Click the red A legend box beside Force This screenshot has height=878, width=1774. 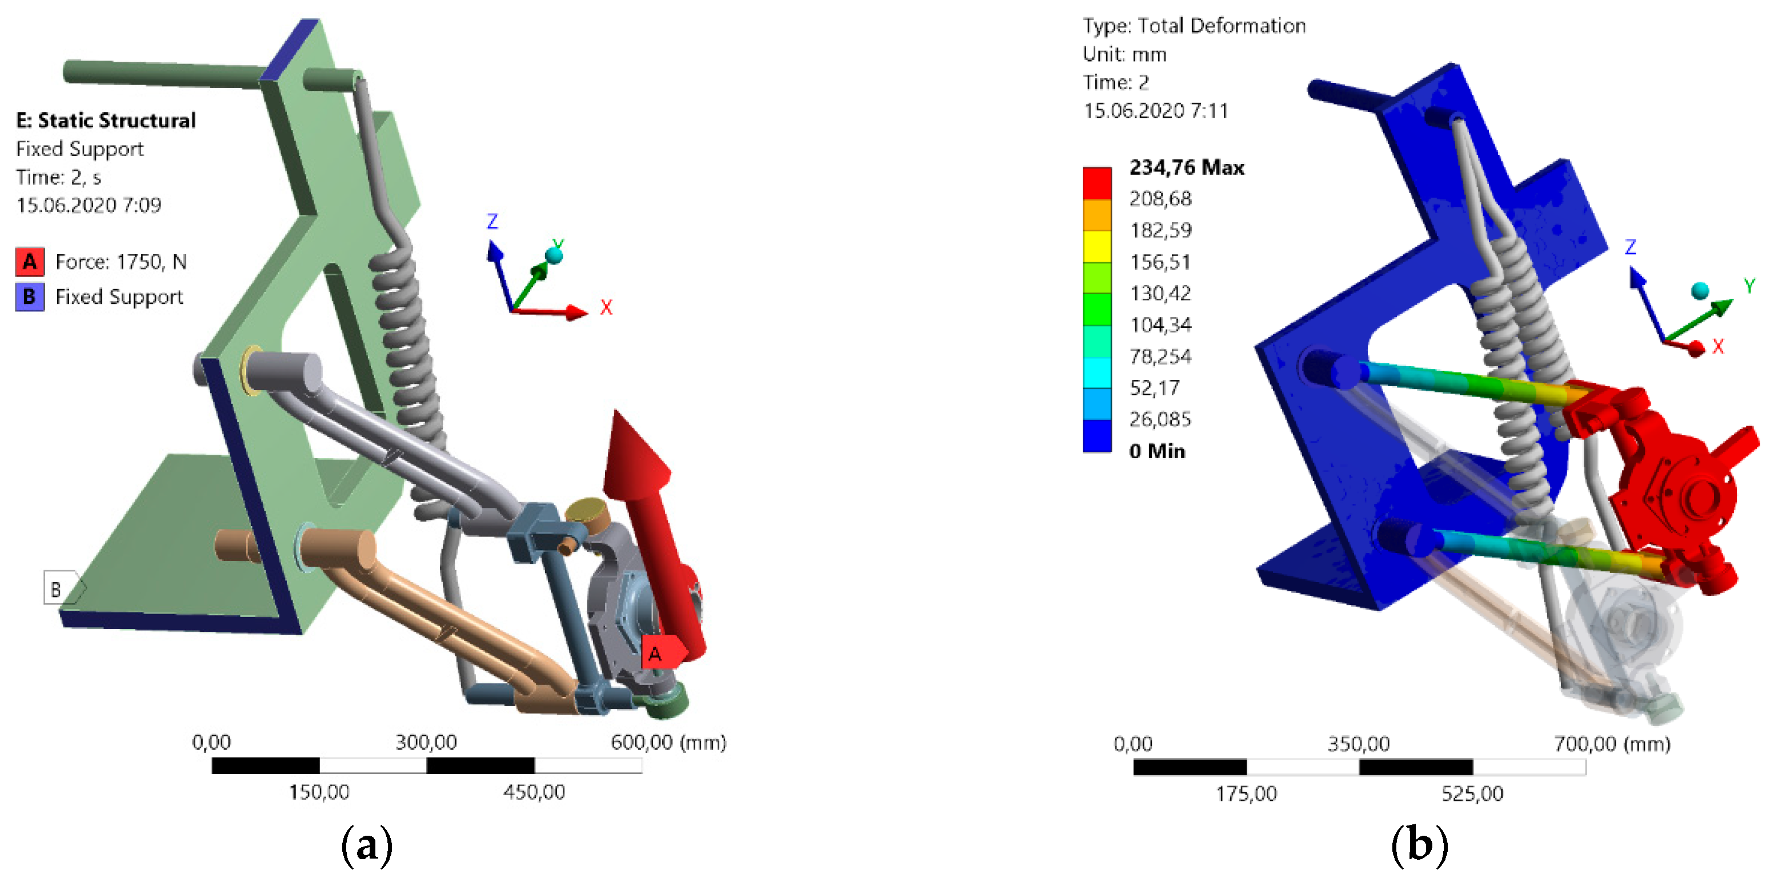click(30, 262)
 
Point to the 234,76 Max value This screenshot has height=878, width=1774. click(1187, 167)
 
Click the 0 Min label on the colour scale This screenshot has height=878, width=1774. click(1157, 451)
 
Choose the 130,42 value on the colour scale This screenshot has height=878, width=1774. click(1160, 294)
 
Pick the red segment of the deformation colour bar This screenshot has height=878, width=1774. click(1097, 183)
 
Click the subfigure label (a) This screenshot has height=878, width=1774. click(367, 844)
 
